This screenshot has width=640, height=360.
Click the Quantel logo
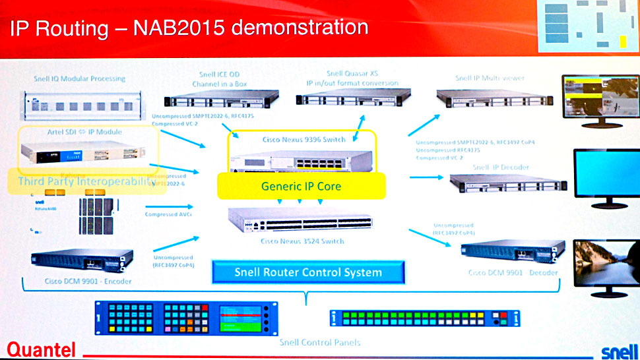click(x=42, y=349)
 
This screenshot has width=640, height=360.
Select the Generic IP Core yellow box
click(x=302, y=186)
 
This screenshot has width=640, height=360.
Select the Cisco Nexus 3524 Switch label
click(x=302, y=241)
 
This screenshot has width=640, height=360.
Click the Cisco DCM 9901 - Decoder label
click(x=513, y=272)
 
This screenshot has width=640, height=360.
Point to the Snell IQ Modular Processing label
click(x=79, y=78)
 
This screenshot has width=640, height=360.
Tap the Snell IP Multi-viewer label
click(x=490, y=78)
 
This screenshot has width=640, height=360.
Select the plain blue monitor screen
click(x=603, y=171)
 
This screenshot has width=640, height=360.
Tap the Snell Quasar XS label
click(x=352, y=74)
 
